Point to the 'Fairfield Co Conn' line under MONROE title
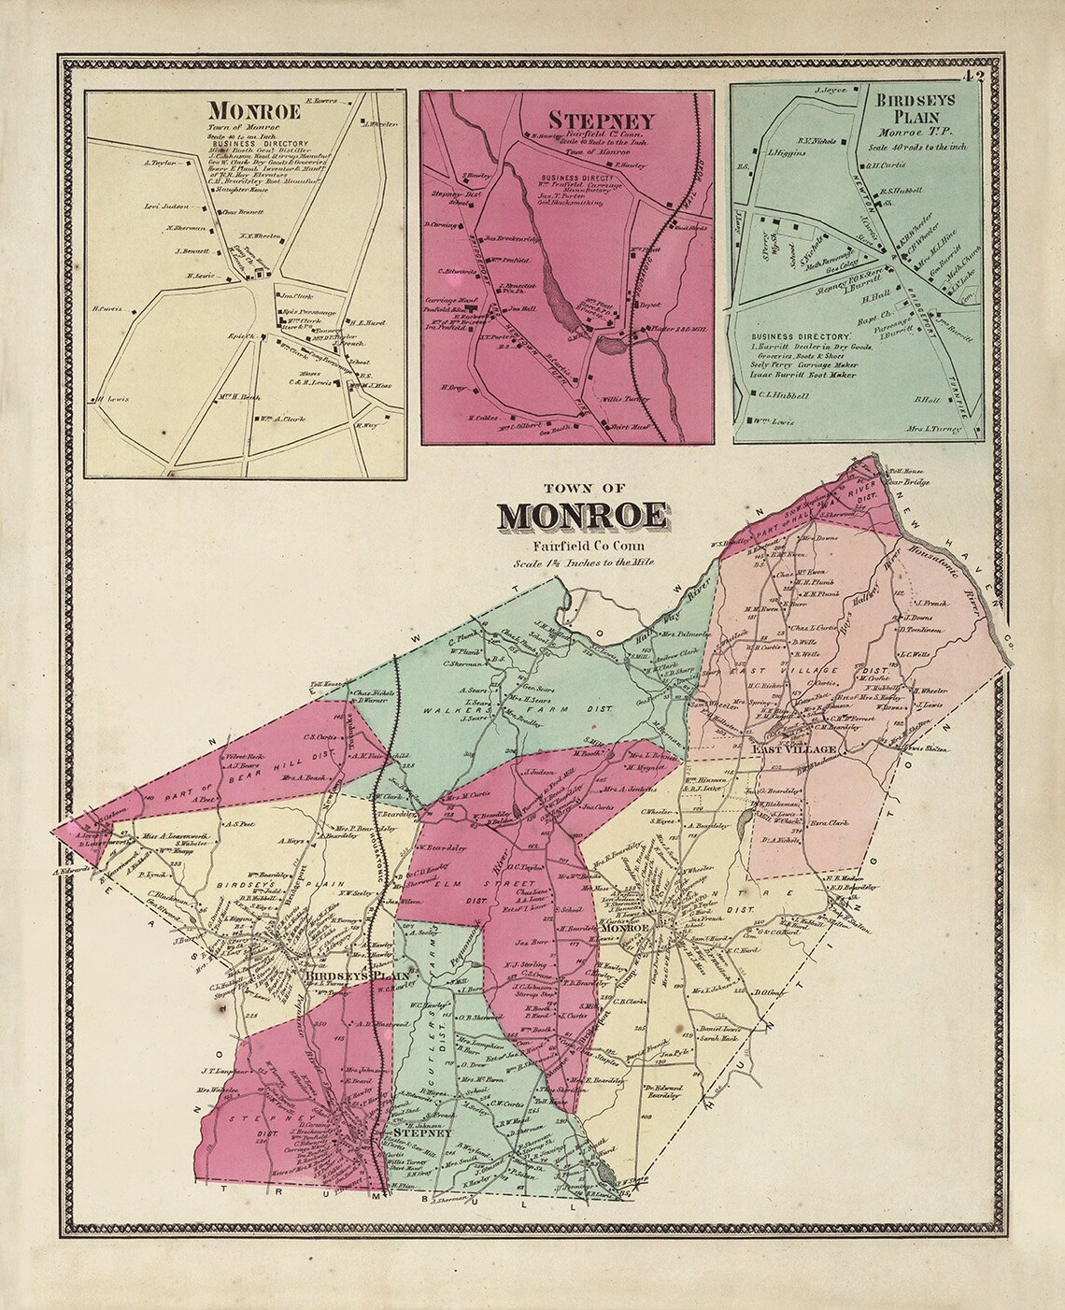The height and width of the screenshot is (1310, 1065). tap(582, 546)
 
